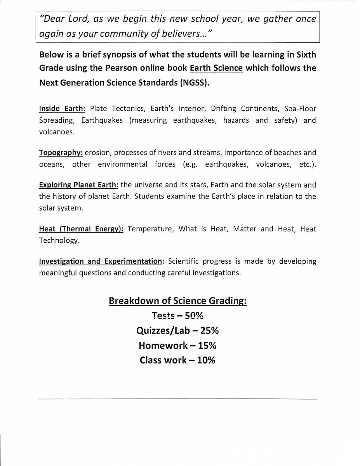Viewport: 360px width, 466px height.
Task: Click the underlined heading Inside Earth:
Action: coord(62,109)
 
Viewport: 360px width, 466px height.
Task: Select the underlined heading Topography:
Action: coord(61,153)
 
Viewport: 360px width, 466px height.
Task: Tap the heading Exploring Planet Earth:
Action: coord(79,185)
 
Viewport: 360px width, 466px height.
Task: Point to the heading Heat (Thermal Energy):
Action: coord(81,229)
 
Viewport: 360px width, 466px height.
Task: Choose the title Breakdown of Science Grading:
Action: coord(177,301)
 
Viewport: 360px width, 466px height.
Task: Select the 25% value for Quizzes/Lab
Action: coord(209,330)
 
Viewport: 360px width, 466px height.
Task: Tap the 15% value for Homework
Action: coord(207,345)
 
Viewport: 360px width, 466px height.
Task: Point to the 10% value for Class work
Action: coord(206,360)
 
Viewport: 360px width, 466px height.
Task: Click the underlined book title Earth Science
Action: coord(216,68)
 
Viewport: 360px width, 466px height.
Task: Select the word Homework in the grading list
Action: coord(163,345)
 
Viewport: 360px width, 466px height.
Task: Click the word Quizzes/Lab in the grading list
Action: coord(163,330)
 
